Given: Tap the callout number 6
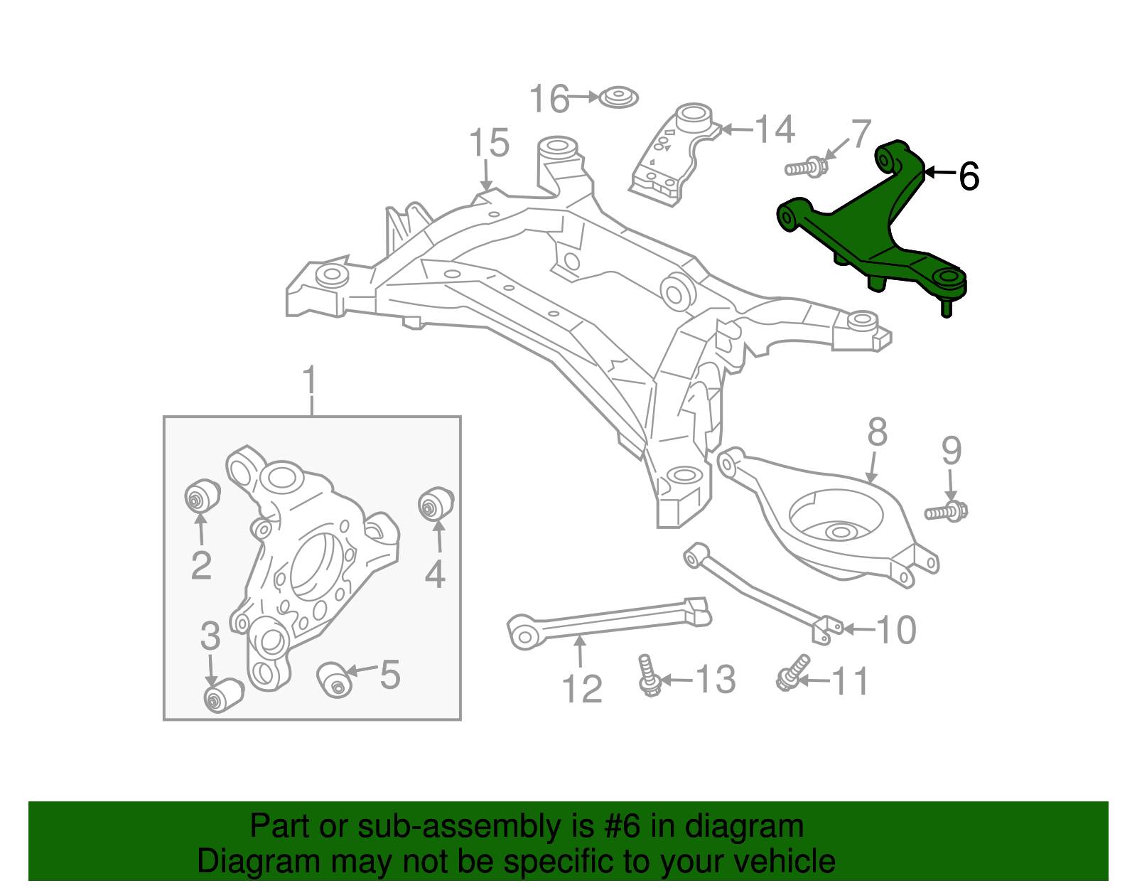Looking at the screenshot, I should point(969,176).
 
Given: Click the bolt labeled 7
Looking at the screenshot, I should point(806,168).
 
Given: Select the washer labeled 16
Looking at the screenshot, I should point(618,97).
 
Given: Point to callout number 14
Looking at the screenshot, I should point(774,130).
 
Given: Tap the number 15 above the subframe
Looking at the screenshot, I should point(489,144).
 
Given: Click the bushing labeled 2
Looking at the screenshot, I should point(202,495).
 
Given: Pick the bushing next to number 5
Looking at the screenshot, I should point(334,679).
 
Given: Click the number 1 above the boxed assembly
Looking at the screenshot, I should point(310,383).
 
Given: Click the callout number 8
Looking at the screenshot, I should point(878,432).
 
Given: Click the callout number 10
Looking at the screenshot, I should point(896,630).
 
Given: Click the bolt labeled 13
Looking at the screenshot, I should point(648,675).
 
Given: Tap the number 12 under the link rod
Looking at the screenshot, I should point(581,689).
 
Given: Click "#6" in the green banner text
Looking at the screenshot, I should point(623,827).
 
